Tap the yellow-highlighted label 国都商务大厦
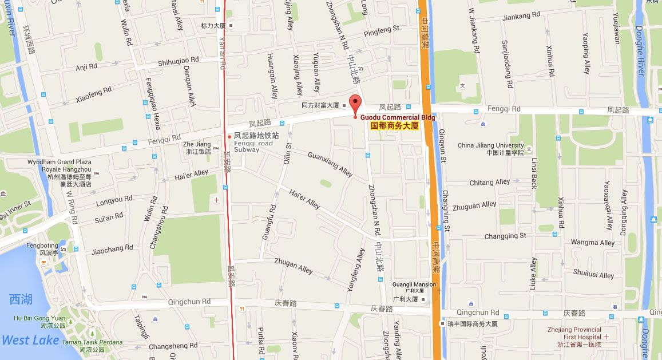(x=395, y=125)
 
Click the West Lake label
(x=30, y=340)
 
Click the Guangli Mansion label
(x=414, y=284)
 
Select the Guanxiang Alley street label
(x=330, y=164)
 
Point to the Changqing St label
(x=505, y=236)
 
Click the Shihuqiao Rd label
(x=178, y=60)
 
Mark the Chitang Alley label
(x=489, y=183)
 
